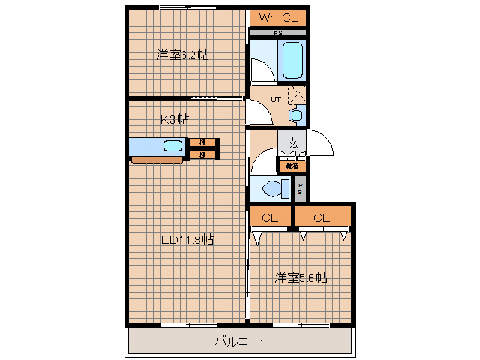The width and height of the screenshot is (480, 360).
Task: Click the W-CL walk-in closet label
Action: pos(278,17)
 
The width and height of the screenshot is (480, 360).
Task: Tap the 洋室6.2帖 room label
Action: pos(182,55)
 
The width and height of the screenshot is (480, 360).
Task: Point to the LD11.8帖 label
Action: pos(188,240)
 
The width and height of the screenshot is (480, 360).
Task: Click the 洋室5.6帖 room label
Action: pos(300,277)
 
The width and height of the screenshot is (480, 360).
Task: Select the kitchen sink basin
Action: pos(172,147)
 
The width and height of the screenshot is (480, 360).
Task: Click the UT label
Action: pos(276,99)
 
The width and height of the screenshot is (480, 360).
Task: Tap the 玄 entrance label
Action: pos(293,142)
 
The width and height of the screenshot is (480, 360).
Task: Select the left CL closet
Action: pos(270,218)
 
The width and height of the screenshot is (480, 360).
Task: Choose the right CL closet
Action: pos(322,218)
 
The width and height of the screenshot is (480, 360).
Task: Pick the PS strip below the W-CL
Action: pos(277,34)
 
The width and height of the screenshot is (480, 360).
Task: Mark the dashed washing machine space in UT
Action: pos(297,95)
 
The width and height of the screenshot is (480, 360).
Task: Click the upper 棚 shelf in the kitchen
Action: pos(202,142)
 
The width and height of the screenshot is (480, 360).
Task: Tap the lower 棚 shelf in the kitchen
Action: pos(202,155)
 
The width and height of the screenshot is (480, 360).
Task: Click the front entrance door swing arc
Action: pos(322,142)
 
